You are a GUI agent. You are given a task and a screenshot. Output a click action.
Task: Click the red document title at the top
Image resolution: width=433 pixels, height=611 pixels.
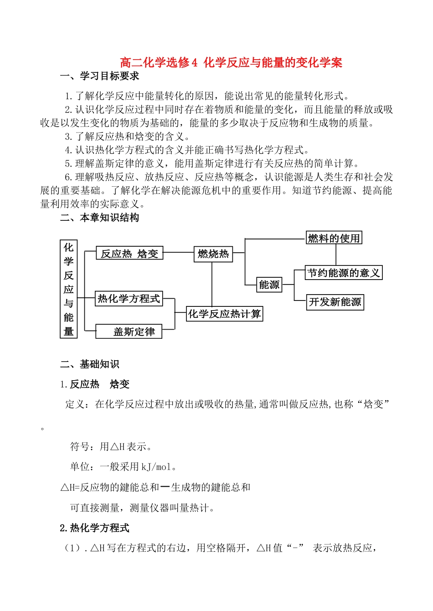(x=231, y=62)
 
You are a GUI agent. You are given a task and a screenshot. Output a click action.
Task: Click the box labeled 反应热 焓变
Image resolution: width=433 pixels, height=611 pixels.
(x=129, y=254)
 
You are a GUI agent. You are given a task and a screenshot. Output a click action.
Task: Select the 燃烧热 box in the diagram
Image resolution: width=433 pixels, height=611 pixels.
(x=213, y=254)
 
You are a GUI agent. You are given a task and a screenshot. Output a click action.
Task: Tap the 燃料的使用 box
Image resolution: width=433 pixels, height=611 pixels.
(x=334, y=238)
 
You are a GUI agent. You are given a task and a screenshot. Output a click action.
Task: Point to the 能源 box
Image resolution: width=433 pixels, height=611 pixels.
(x=269, y=285)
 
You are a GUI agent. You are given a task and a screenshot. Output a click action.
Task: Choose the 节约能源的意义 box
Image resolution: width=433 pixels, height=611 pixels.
(x=343, y=273)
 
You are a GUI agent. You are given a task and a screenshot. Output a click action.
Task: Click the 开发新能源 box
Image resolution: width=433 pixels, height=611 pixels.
(x=335, y=302)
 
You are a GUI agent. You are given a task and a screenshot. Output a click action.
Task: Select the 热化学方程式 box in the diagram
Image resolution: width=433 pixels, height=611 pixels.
(x=129, y=299)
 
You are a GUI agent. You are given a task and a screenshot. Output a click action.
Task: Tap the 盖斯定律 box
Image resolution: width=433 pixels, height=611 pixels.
(x=129, y=331)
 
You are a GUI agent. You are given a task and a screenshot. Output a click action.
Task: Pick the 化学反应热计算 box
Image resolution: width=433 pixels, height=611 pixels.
(x=224, y=314)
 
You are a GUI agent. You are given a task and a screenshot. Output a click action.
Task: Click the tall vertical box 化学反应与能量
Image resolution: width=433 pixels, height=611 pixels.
(x=69, y=289)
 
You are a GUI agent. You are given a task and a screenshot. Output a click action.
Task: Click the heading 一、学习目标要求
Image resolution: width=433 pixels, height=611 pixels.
(x=99, y=76)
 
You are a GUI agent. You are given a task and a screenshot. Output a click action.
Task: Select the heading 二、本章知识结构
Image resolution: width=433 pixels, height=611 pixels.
(x=99, y=218)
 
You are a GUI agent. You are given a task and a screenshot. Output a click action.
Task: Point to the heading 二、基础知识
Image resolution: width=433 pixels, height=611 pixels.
(x=89, y=364)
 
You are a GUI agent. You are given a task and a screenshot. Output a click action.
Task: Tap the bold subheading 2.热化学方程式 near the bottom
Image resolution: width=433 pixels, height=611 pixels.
(x=95, y=528)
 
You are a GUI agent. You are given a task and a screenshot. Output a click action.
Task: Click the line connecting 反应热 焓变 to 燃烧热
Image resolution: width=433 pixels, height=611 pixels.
(x=178, y=252)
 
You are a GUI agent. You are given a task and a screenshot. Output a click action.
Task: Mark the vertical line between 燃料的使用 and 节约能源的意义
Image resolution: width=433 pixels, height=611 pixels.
(x=336, y=255)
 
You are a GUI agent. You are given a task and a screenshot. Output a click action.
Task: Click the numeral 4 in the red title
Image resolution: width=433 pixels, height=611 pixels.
(x=195, y=62)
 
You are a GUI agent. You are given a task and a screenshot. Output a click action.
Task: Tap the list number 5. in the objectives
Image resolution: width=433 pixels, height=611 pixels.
(x=68, y=163)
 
